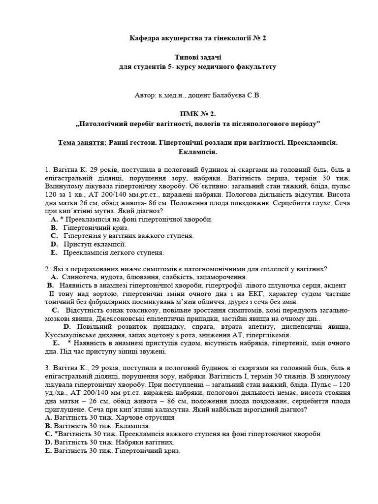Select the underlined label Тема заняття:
pos(82,142)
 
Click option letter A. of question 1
pos(54,220)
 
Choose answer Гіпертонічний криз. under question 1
pos(96,228)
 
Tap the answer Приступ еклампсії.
pos(95,244)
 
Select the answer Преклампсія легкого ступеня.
pos(114,252)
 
